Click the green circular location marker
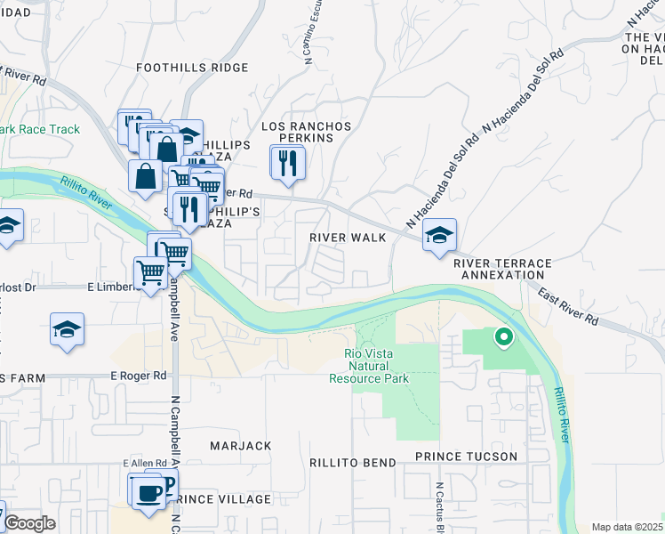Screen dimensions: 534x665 click(x=504, y=337)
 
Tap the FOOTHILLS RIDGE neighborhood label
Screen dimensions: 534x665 click(x=192, y=68)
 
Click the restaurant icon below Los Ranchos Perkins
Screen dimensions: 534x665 click(x=287, y=163)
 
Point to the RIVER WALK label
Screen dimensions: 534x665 click(x=348, y=238)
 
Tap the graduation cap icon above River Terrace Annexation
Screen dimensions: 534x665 click(x=439, y=236)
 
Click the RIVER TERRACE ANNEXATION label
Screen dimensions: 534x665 click(x=502, y=270)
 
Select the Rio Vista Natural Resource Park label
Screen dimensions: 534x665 click(x=376, y=366)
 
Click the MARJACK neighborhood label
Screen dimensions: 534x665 click(x=240, y=445)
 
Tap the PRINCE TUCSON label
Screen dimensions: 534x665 click(x=466, y=457)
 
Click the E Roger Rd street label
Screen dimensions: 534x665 click(x=140, y=376)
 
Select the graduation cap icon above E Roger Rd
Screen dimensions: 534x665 click(x=68, y=330)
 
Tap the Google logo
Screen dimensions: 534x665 click(x=29, y=523)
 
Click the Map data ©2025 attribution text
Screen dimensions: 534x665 click(x=626, y=527)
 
